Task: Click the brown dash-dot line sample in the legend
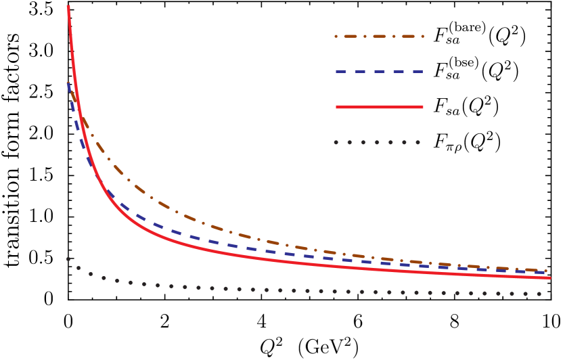click(379, 36)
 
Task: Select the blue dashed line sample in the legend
click(379, 71)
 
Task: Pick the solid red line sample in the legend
click(379, 107)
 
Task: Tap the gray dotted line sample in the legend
click(377, 142)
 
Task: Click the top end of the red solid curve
click(68, 6)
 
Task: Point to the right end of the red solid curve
click(549, 277)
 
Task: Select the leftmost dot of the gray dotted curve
click(68, 259)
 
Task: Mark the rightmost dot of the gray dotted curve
click(539, 294)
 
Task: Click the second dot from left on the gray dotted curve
click(78, 268)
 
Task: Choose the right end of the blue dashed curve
click(545, 273)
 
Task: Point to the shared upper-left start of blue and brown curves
click(68, 83)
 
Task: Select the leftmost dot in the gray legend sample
click(336, 142)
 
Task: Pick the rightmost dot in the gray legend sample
click(418, 142)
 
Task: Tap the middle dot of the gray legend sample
click(377, 142)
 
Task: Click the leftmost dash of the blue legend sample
click(340, 71)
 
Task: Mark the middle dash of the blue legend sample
click(379, 71)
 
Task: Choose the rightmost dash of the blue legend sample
click(418, 71)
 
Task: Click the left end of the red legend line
click(337, 107)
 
